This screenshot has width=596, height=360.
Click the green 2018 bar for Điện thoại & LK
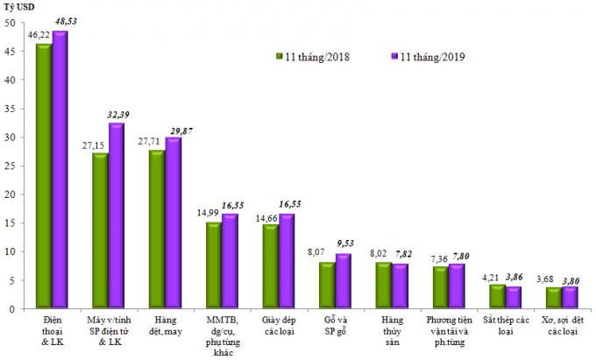tap(44, 175)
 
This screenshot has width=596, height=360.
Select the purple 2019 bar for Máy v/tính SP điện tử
tap(117, 215)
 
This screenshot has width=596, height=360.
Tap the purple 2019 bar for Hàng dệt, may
tap(174, 222)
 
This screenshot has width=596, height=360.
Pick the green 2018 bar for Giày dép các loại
tap(271, 265)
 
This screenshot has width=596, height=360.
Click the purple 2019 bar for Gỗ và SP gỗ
tap(344, 280)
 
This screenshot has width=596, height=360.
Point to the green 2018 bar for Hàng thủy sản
tap(384, 285)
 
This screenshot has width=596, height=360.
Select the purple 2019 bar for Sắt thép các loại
tap(514, 297)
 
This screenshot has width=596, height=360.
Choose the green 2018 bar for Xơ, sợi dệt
tap(554, 297)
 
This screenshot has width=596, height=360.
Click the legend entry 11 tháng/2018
tap(312, 57)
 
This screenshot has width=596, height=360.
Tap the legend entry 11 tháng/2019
tap(428, 57)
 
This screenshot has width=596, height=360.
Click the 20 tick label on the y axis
tap(11, 194)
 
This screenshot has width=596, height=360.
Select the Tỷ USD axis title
tap(19, 7)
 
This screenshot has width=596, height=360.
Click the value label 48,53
tap(66, 21)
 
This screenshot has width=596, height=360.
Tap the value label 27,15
tap(93, 145)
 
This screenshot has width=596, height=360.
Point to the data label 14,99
tap(208, 213)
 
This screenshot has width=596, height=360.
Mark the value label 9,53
tap(345, 243)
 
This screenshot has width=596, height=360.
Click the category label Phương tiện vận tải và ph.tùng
tap(450, 331)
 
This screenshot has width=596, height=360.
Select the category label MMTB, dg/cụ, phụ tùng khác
tap(223, 336)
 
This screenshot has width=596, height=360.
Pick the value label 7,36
tap(439, 259)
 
